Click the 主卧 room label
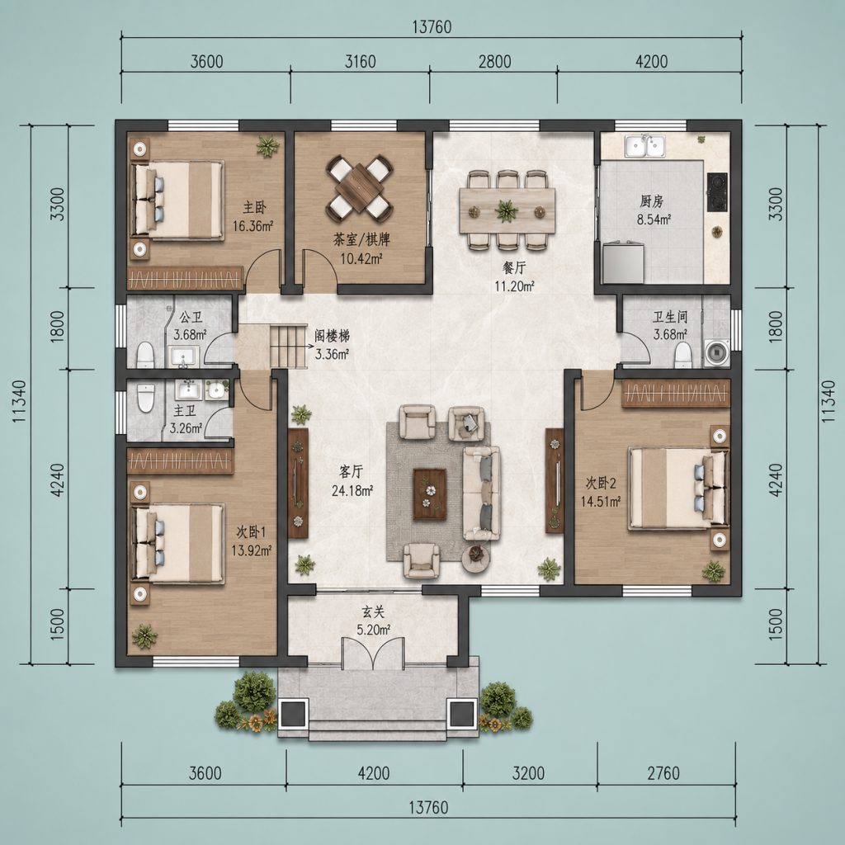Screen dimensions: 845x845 254,207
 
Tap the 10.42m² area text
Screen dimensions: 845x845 361,258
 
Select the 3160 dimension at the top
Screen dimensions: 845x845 360,61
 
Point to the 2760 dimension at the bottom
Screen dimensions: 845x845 663,773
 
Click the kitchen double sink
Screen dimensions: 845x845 644,145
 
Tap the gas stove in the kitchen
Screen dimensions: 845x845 717,191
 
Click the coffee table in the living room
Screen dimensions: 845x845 429,494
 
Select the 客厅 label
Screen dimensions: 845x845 351,472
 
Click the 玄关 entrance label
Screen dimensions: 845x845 373,611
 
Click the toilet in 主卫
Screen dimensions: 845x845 146,398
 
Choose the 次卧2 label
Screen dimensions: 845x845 601,483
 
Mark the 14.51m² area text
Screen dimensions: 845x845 601,501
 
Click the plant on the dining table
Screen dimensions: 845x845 507,210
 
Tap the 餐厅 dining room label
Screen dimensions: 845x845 514,268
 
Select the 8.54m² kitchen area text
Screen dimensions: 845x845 654,220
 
